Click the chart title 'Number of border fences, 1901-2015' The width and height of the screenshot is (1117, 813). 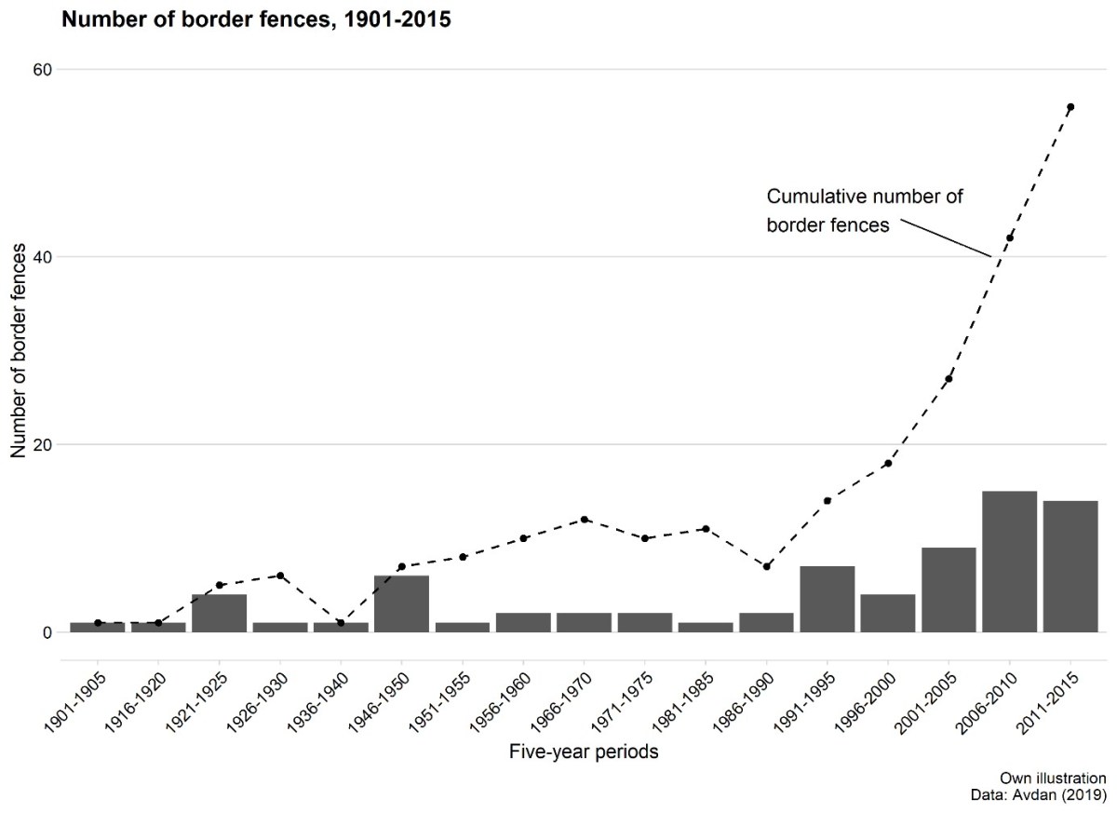click(x=256, y=20)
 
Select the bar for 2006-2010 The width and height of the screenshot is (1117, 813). click(x=1009, y=562)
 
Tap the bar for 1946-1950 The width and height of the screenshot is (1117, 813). click(x=401, y=603)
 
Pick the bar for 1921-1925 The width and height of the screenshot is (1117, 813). click(x=219, y=613)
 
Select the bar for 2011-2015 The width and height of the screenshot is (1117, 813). click(x=1070, y=566)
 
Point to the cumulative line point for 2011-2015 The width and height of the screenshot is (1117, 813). click(x=1070, y=107)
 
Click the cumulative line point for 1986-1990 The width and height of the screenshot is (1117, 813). click(x=766, y=566)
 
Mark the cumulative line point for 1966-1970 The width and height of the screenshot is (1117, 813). click(x=584, y=520)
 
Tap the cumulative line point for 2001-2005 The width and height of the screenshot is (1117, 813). click(x=949, y=378)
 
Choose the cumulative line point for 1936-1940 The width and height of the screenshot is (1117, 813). click(x=341, y=622)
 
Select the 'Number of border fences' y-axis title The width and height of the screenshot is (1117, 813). click(x=20, y=351)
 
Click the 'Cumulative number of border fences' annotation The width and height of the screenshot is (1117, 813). click(x=863, y=210)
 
